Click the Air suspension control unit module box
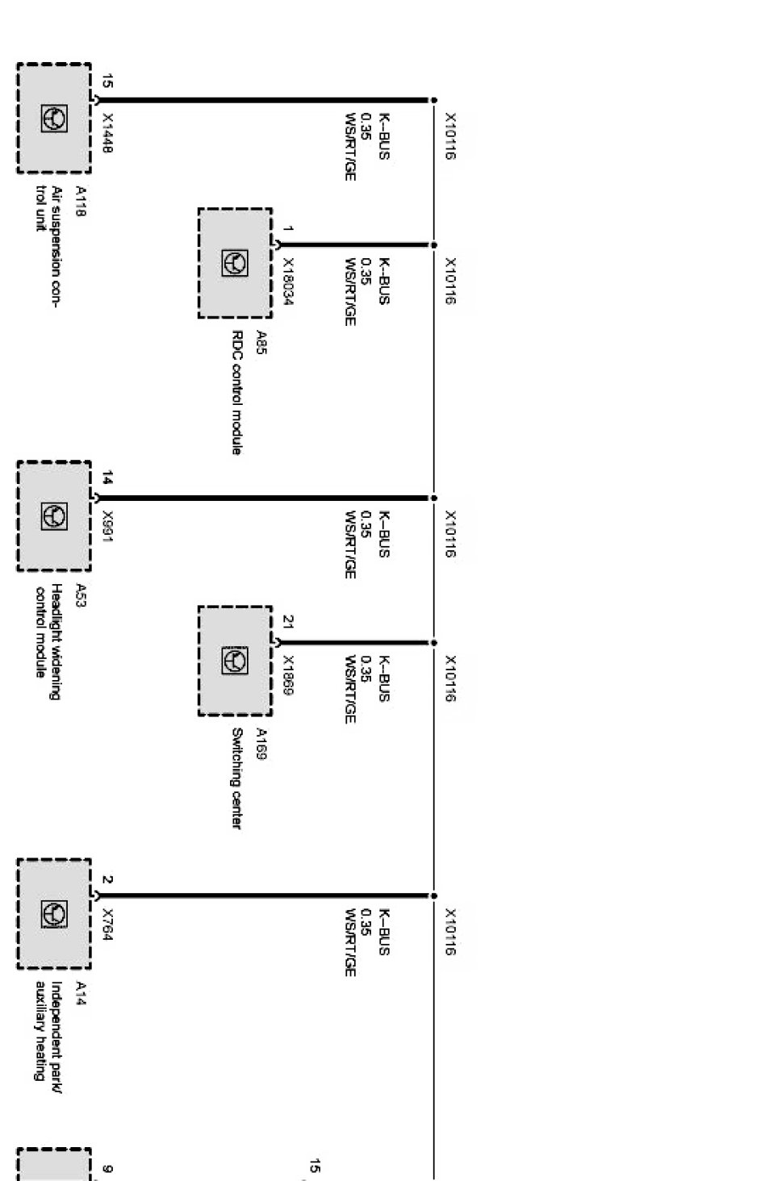tap(54, 119)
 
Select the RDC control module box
tap(235, 264)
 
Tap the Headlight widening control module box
tap(54, 516)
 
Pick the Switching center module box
tap(235, 661)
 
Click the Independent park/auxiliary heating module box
tap(54, 914)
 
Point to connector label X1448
tap(108, 133)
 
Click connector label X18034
tap(288, 282)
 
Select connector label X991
tap(108, 526)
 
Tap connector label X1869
tap(288, 675)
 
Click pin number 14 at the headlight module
tap(107, 478)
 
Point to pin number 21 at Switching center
tap(288, 622)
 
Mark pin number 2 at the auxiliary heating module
tap(107, 879)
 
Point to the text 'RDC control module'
tap(236, 393)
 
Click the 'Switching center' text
tap(236, 778)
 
